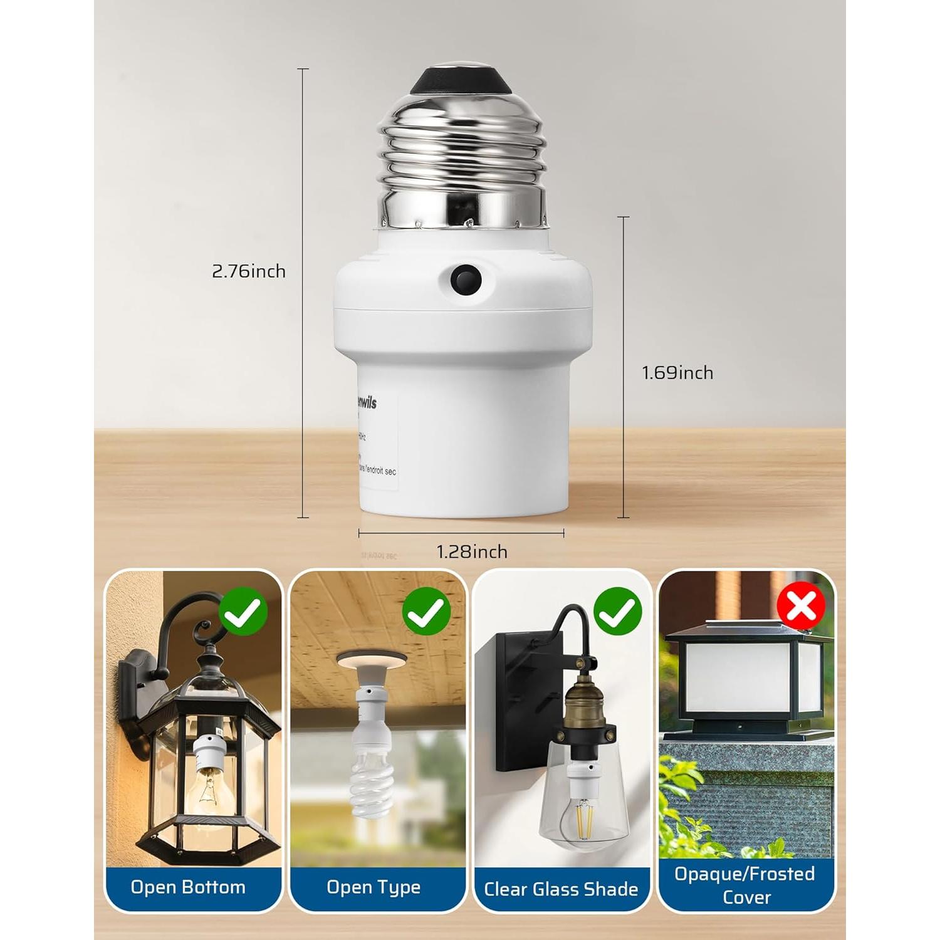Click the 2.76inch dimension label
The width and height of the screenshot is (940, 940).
tap(249, 271)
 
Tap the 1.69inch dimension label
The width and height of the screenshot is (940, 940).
tap(677, 373)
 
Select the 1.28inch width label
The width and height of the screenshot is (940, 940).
tap(472, 551)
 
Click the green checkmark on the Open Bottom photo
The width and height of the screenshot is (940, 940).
tap(244, 612)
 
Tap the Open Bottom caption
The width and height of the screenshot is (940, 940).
tap(188, 887)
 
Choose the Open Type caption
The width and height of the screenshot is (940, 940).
tap(373, 887)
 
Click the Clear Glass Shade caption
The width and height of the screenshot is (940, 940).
tap(561, 889)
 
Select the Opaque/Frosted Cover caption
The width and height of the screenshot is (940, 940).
tap(745, 885)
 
